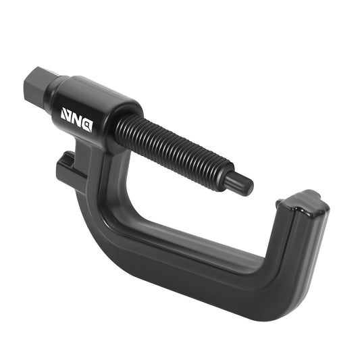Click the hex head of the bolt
(x=39, y=86)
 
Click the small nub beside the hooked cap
(x=279, y=202)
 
